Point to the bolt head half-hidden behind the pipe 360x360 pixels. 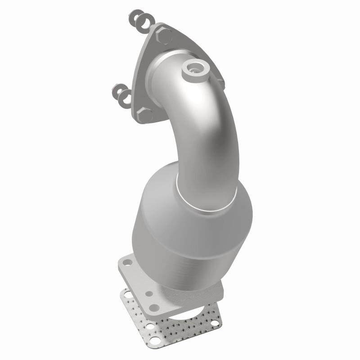click(x=220, y=81)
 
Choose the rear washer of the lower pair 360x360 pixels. click(x=118, y=91)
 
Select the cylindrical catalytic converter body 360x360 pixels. click(x=189, y=238)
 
